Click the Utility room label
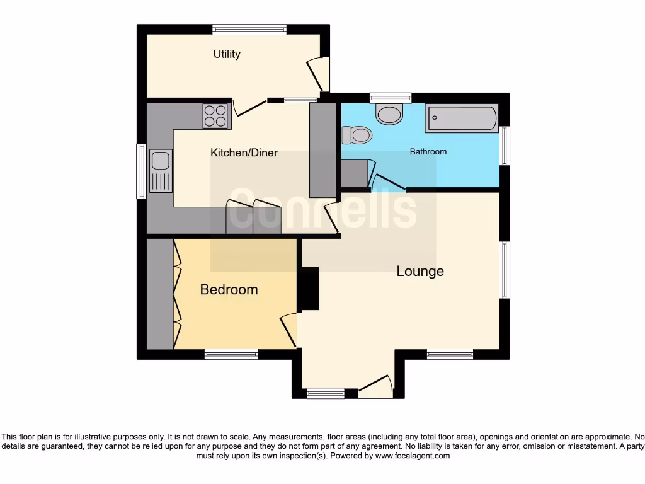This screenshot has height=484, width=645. point(227,54)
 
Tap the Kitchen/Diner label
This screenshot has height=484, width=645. point(244,153)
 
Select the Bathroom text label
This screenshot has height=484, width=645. point(428,152)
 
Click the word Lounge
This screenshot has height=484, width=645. point(420,271)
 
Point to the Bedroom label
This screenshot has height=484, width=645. point(229,289)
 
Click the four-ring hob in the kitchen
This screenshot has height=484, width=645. point(215,116)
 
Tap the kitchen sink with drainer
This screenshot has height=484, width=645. point(161,171)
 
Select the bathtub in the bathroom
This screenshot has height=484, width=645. point(462,118)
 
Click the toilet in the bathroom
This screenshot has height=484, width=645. point(357,135)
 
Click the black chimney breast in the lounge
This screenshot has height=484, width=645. point(309,289)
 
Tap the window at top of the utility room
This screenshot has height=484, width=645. point(249,29)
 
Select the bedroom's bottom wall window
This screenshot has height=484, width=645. point(231,354)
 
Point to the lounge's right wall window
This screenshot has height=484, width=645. point(505,270)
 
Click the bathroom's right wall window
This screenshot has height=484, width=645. point(505,146)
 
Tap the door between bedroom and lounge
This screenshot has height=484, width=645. point(288,330)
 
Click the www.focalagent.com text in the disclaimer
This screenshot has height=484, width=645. point(412,456)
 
